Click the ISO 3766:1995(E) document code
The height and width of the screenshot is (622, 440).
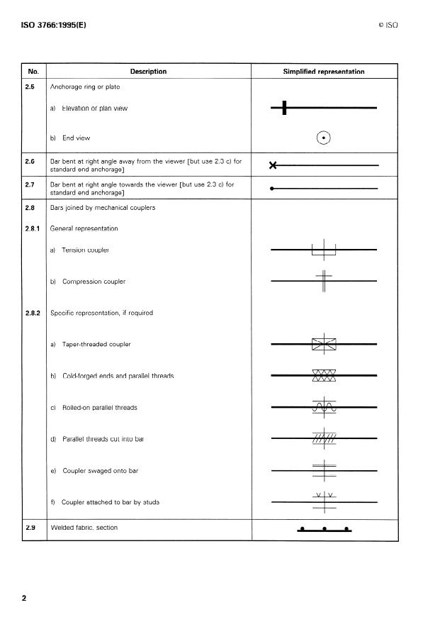[52, 25]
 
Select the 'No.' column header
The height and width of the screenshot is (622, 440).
[33, 72]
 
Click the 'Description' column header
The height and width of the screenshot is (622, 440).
[148, 72]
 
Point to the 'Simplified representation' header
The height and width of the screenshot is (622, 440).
[324, 72]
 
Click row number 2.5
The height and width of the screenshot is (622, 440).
[30, 87]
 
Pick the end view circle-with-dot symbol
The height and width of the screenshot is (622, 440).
[324, 138]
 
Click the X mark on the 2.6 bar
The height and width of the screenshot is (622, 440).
[273, 165]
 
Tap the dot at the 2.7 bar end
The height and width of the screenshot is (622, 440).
[273, 189]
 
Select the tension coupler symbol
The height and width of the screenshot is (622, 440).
[324, 250]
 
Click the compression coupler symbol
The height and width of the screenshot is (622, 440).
[324, 281]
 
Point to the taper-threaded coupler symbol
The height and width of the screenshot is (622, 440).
[324, 344]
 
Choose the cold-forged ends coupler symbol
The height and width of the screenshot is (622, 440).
[324, 375]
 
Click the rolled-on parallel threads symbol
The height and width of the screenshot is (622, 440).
[324, 407]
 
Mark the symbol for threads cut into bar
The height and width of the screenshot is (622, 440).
[324, 438]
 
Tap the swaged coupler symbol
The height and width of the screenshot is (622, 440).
[324, 470]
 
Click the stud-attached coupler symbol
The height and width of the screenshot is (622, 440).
[324, 501]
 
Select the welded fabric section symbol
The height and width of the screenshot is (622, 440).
[324, 529]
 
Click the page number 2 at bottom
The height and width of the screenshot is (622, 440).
[24, 598]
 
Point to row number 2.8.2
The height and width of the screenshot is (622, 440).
[33, 313]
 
